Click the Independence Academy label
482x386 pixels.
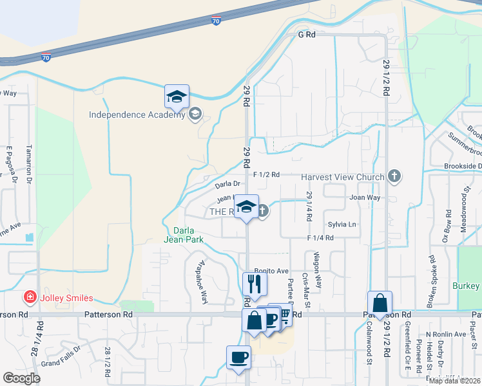[137, 116]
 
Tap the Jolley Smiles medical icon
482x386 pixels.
[29, 297]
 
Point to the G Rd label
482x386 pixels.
[306, 35]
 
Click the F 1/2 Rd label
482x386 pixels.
[266, 174]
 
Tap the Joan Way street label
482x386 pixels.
[365, 198]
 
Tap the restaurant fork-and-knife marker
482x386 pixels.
[255, 283]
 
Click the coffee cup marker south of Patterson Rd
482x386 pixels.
[238, 356]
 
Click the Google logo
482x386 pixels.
[21, 378]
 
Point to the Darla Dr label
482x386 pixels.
[227, 185]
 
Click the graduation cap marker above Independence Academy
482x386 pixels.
[177, 96]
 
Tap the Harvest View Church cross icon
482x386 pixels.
[394, 176]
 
